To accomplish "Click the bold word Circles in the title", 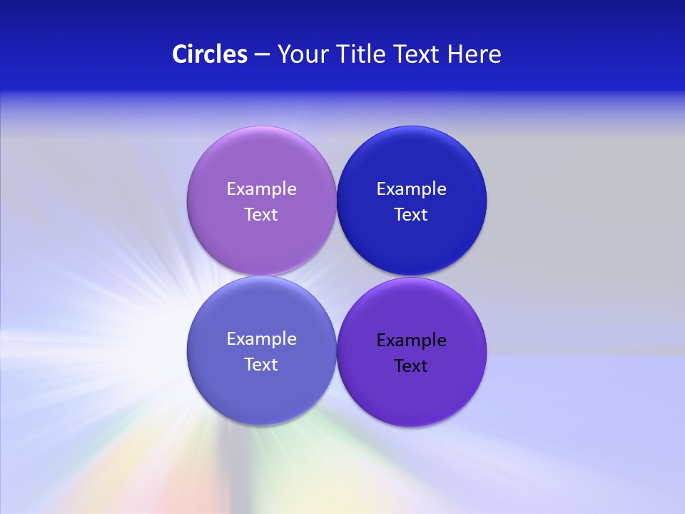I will (209, 54).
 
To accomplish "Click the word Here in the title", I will (474, 54).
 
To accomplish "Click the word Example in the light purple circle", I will (261, 188).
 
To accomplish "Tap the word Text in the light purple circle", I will (261, 214).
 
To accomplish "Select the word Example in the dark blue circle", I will (411, 188).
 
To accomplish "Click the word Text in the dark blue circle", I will (411, 214).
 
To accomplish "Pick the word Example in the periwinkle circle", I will (261, 338).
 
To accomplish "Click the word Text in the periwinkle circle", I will (261, 364).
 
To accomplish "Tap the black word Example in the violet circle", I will (411, 340).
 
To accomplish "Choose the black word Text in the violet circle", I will (411, 366).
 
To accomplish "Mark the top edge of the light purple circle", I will (261, 127).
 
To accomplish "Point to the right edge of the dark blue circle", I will (486, 201).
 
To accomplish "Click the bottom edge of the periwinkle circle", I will (261, 425).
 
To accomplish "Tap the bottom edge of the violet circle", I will (411, 426).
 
